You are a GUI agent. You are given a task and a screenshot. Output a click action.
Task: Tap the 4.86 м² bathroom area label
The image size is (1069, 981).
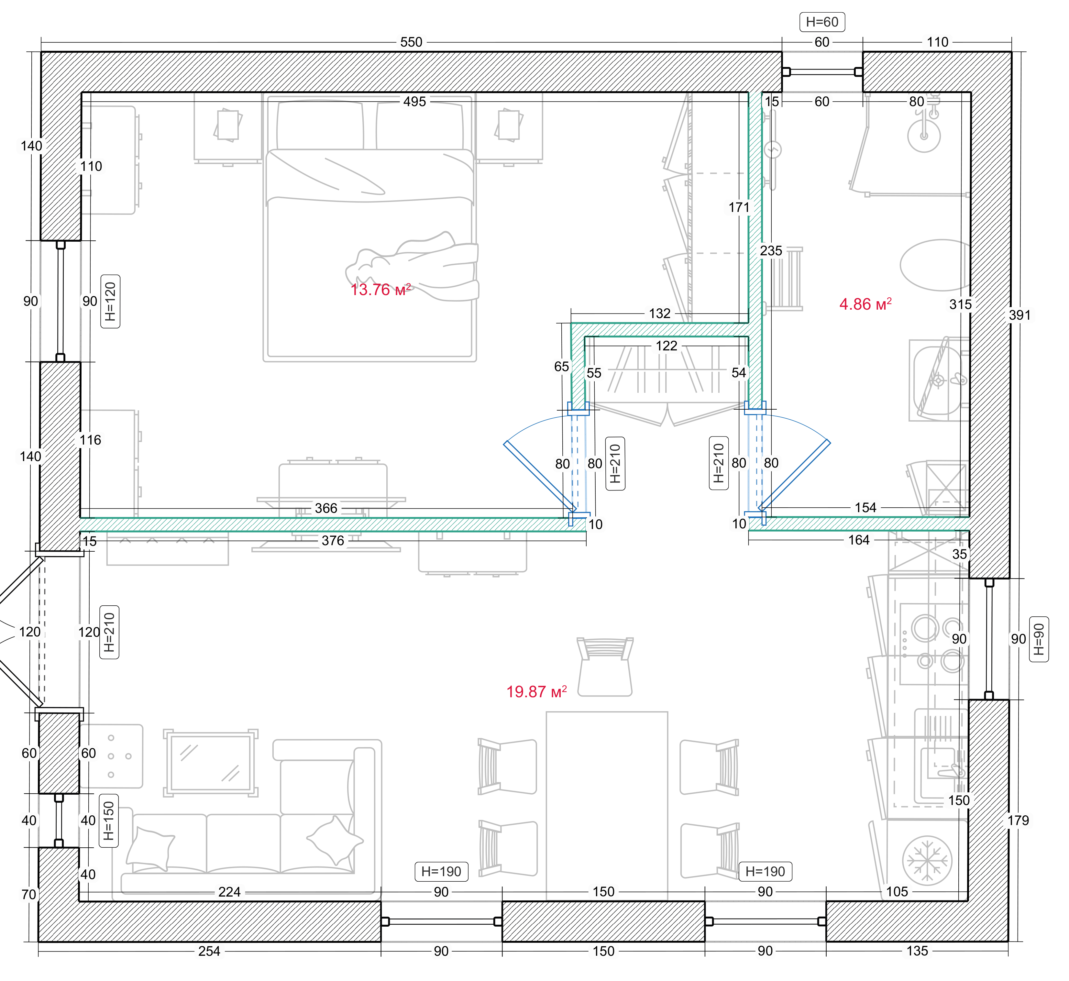pos(865,304)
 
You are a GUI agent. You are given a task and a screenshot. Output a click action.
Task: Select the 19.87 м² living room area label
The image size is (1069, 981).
pos(536,692)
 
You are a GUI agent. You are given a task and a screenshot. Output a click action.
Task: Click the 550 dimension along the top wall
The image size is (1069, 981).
pos(411,42)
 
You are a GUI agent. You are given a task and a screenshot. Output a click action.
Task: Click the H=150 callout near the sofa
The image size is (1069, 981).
pos(109,821)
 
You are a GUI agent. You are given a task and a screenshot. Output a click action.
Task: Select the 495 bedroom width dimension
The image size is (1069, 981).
pos(414,101)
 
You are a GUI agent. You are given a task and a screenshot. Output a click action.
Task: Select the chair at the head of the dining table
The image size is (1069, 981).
pos(605,667)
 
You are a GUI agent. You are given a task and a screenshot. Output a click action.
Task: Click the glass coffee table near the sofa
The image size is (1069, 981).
pos(210,763)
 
